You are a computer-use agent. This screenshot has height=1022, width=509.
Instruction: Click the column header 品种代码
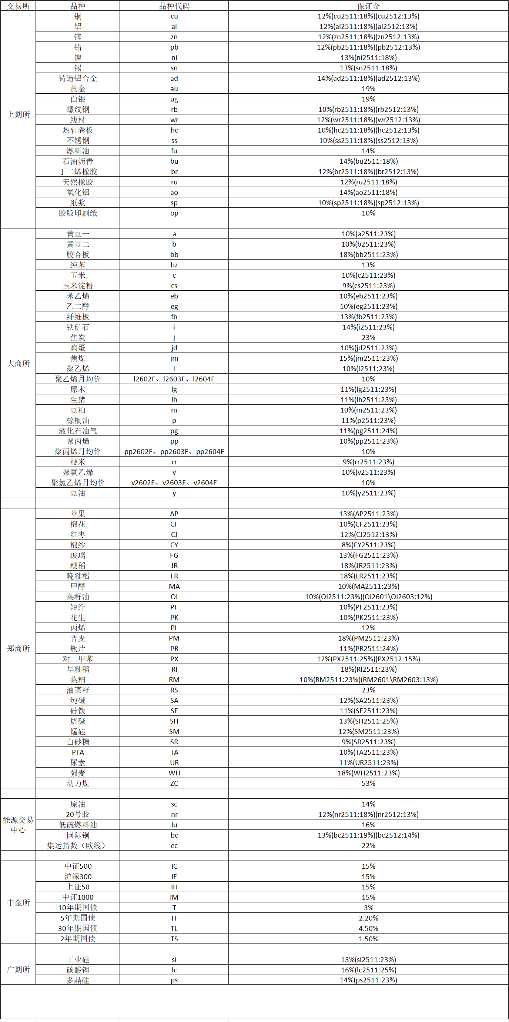click(174, 6)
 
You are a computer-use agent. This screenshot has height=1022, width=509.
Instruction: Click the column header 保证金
click(368, 6)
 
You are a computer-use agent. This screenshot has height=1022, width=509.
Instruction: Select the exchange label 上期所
click(18, 115)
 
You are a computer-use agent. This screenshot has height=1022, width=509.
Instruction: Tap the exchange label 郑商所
click(18, 648)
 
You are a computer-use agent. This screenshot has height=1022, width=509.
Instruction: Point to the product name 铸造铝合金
click(78, 78)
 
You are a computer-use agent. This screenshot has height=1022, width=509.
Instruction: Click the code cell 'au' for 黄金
click(174, 89)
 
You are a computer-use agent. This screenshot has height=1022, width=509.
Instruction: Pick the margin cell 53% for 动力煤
click(368, 783)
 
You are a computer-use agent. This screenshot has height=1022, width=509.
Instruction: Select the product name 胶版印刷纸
click(78, 213)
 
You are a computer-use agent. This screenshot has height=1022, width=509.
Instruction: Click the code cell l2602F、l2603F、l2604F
click(174, 379)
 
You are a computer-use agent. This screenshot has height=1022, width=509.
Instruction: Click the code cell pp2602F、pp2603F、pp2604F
click(174, 451)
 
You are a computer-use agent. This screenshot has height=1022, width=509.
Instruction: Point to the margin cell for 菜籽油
click(368, 597)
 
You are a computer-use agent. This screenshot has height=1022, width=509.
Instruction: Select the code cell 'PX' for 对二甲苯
click(174, 659)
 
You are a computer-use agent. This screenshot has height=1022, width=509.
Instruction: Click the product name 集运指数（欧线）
click(78, 845)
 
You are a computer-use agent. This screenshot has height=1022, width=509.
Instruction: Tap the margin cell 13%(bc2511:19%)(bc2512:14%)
click(368, 835)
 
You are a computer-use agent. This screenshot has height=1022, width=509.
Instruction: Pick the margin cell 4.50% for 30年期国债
click(368, 928)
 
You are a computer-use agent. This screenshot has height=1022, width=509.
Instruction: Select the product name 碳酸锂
click(78, 970)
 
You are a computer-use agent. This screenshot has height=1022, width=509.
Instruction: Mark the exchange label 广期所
click(18, 970)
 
